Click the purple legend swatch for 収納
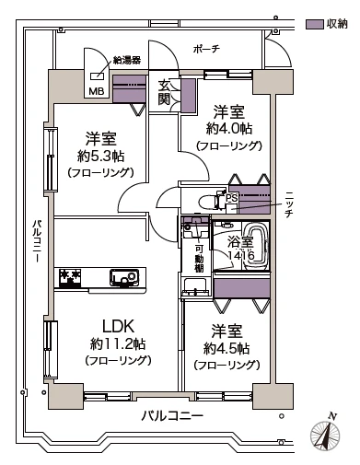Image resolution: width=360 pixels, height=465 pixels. pos(315,25)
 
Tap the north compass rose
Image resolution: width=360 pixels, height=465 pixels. pos(325,436)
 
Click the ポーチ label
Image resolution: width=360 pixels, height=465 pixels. pos(206,49)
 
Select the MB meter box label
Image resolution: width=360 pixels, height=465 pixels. pos(97,91)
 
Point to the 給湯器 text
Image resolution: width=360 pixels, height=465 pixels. pos(127,60)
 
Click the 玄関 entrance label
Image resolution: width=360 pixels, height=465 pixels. pos(164,92)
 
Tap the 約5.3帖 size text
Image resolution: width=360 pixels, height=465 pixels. pos(100,157)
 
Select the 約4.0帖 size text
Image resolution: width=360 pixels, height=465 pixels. pos(229,129)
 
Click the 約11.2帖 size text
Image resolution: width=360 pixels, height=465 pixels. pos(118,344)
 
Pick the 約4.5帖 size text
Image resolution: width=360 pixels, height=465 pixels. pos(226,348)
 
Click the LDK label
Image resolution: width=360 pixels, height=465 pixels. pos(118,326)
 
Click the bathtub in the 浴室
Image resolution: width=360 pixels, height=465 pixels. pos(255,246)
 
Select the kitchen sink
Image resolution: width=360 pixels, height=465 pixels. pos(123,277)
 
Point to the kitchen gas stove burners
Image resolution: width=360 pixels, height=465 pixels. pos(70,277)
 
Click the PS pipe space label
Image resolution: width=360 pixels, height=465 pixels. pos(232,198)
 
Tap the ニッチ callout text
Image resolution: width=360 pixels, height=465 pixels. pos(288,204)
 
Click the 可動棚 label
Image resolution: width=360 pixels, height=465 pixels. pos(200,259)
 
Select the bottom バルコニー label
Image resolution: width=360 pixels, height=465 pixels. pos(172,416)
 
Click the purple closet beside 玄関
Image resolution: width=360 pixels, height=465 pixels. pos(188,96)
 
